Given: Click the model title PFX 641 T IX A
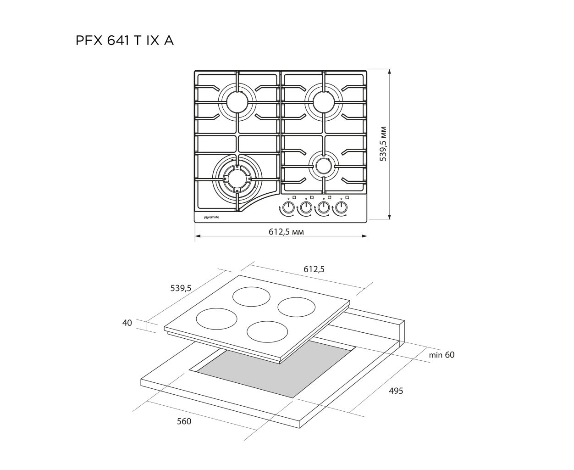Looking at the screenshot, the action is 124,41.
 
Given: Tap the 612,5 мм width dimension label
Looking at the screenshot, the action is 286,232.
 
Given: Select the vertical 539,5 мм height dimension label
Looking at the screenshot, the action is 383,144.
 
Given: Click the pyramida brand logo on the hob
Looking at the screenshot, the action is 211,217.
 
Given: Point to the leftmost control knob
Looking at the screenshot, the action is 288,207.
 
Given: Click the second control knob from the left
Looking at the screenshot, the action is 306,207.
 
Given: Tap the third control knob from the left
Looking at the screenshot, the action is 323,207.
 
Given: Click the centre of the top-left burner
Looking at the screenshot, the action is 237,102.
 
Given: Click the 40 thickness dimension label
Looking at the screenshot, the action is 127,323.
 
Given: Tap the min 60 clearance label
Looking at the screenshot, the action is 442,355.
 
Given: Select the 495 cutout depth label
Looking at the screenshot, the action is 396,391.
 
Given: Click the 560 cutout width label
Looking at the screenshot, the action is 184,421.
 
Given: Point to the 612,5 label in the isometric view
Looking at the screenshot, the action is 314,269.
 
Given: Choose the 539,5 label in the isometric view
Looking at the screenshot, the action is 181,288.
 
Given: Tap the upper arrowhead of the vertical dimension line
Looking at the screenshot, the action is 390,72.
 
